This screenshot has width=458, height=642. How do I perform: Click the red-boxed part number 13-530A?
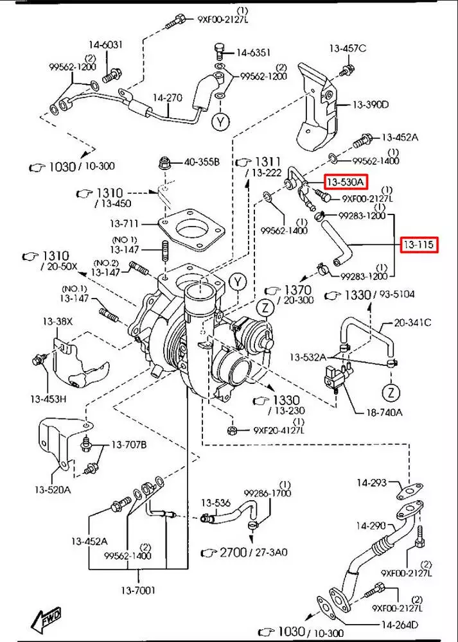[x=346, y=183]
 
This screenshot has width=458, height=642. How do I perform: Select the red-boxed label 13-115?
[x=419, y=245]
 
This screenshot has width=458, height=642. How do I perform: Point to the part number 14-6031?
[x=105, y=45]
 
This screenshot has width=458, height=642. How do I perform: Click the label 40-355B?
[x=202, y=162]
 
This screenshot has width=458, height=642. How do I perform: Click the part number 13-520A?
[x=53, y=490]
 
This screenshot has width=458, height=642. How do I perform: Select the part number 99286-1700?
[x=267, y=493]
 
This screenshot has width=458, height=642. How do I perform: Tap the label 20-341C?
[x=412, y=322]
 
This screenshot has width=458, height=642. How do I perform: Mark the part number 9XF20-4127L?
[x=278, y=431]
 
